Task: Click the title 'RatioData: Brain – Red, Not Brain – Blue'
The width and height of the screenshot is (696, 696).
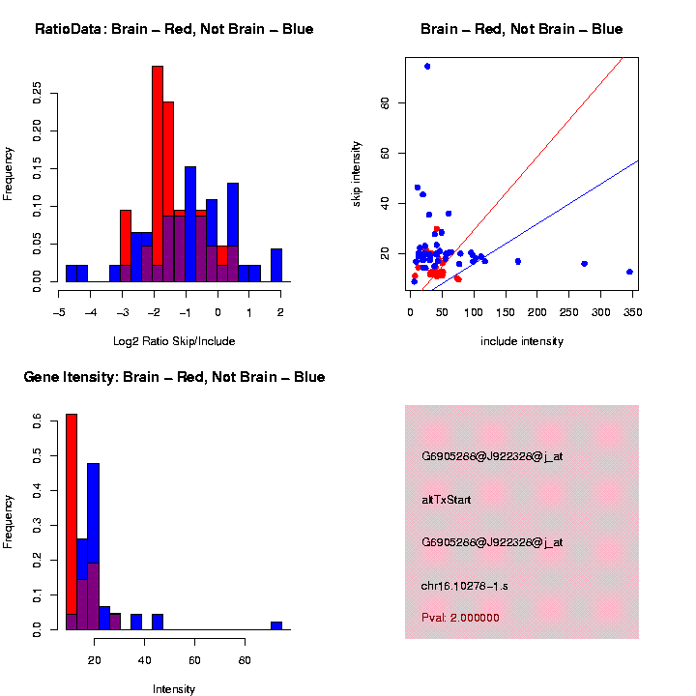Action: (x=174, y=29)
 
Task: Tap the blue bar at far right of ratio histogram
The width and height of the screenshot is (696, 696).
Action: (x=276, y=265)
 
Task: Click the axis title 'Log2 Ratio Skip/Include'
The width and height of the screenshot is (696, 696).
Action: (x=173, y=340)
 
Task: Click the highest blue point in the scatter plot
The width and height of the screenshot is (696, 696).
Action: (x=427, y=66)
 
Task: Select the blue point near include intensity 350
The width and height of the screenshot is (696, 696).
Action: (x=629, y=272)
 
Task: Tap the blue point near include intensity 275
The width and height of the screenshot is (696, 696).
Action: (x=584, y=263)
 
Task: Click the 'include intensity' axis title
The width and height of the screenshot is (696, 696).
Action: (x=521, y=340)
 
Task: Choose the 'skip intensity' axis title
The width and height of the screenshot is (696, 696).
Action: (x=357, y=172)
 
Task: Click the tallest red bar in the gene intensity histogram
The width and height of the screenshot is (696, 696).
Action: (x=72, y=522)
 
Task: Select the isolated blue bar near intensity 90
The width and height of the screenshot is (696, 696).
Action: (x=276, y=625)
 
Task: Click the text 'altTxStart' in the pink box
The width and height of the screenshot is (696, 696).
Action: (x=446, y=500)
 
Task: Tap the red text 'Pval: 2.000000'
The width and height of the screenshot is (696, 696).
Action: (x=460, y=617)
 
